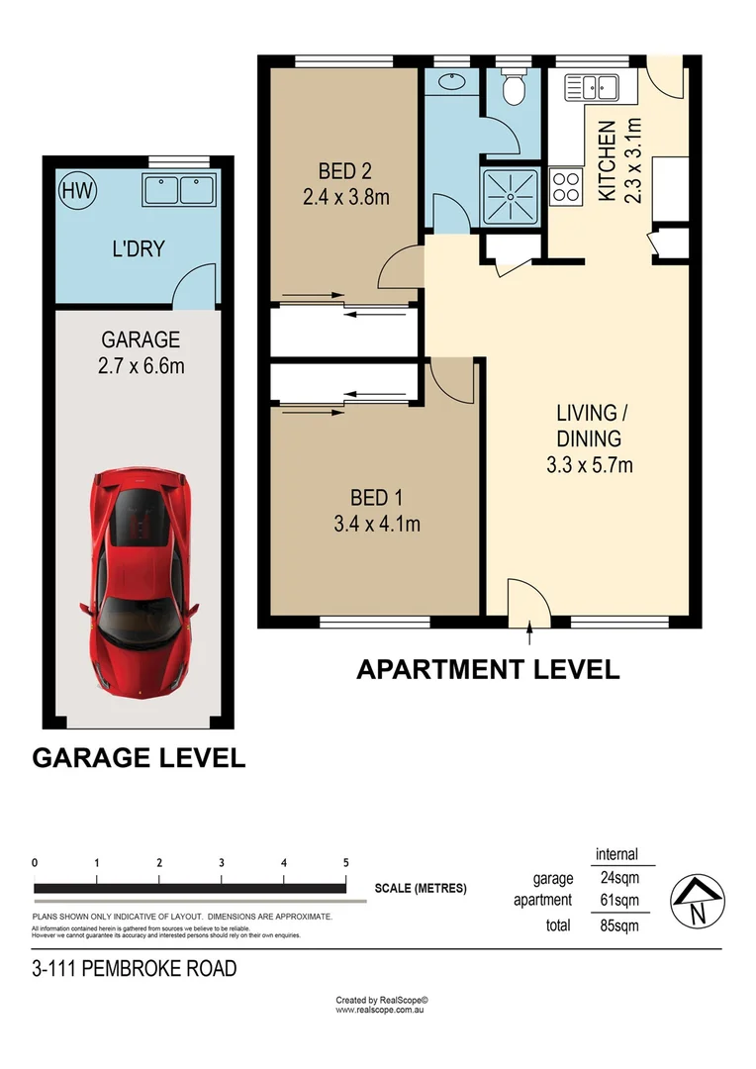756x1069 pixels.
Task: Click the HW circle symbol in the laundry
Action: pos(77,190)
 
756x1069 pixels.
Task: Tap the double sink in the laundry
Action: pos(179,189)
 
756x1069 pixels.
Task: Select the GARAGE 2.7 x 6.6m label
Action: pos(141,352)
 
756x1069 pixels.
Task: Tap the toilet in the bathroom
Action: pos(514,90)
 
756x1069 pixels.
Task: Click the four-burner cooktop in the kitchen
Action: pos(566,186)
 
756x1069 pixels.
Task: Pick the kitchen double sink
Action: pos(592,88)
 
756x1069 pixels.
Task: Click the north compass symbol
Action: pos(696,900)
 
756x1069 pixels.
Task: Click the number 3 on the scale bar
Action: pos(222,863)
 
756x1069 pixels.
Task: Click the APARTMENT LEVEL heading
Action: pos(488,670)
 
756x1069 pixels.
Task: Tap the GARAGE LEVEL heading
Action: pos(139,758)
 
